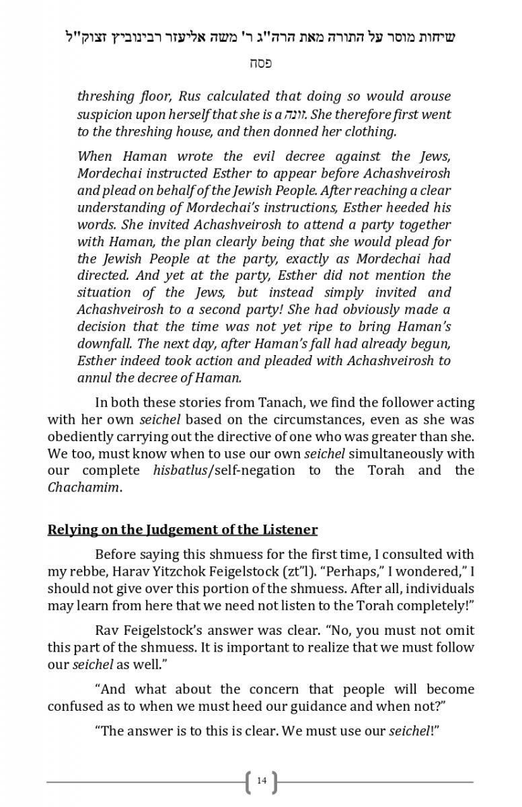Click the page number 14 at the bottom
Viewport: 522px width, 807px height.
(262, 781)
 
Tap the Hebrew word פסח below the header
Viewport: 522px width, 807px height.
(260, 64)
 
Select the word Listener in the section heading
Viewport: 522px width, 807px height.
(288, 529)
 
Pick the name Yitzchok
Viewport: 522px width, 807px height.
(229, 571)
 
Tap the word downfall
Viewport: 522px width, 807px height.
(108, 343)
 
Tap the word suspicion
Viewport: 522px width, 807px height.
(107, 114)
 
